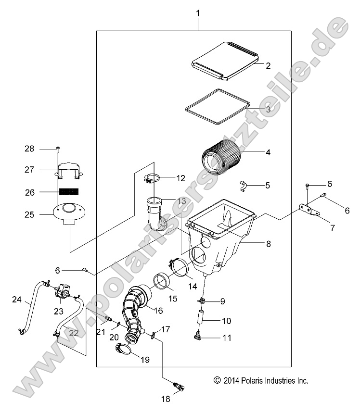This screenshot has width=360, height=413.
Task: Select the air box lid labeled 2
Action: (x=225, y=60)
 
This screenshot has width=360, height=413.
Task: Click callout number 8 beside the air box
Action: (x=268, y=244)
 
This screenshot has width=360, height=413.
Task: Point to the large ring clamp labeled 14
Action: (x=180, y=267)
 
